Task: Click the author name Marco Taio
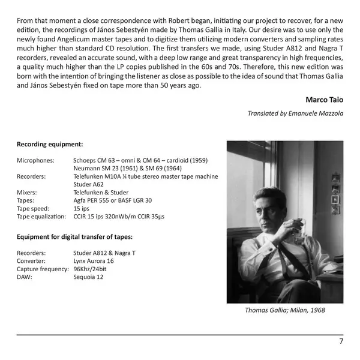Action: (324, 99)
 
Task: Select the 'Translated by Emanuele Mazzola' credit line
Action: (295, 113)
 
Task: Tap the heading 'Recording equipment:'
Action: (49, 145)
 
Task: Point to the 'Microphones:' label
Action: (35, 161)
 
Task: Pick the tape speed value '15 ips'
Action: (81, 208)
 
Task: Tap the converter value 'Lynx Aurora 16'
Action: (94, 261)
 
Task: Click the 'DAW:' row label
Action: (25, 277)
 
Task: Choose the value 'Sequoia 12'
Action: (88, 277)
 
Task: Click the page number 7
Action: (341, 341)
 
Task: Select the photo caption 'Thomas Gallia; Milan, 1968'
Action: (284, 311)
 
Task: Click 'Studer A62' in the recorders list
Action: (89, 185)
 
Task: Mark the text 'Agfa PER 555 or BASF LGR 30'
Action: (112, 200)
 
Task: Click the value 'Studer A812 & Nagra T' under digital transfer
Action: (104, 253)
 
